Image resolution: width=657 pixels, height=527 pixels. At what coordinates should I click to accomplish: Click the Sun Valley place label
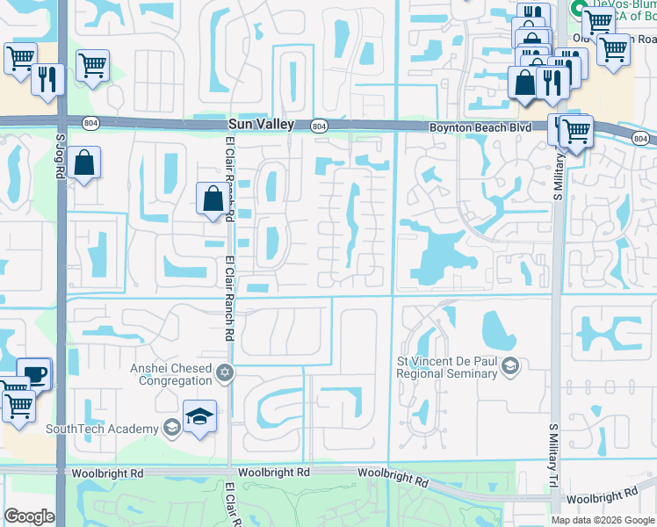coord(260,126)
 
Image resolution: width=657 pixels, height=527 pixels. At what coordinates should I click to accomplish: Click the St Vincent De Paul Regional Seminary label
coord(449,367)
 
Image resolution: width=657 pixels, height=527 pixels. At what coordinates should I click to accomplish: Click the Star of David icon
coord(226,374)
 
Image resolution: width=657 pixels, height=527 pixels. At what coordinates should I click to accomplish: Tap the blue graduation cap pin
coord(199,415)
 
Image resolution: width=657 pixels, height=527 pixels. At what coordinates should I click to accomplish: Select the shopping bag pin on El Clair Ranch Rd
coord(213,199)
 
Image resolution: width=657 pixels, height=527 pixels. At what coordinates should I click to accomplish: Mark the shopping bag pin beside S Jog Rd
coord(84,163)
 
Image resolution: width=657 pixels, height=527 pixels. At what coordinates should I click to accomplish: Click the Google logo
coord(30,516)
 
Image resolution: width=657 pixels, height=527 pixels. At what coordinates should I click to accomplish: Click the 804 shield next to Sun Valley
coord(319,126)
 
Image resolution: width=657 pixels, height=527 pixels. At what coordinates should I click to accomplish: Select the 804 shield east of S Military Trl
coord(641,139)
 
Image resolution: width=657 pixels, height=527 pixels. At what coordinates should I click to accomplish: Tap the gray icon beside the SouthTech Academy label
coord(172,428)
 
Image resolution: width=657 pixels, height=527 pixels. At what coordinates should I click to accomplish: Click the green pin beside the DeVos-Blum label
coord(579,8)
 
